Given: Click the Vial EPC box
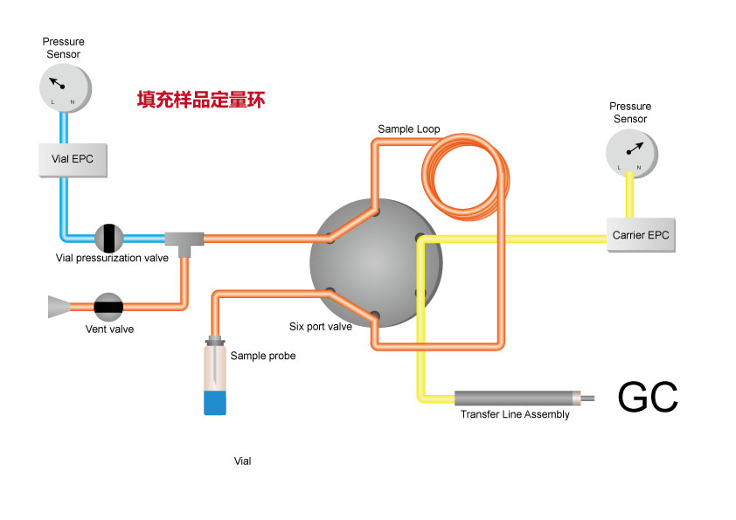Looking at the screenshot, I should point(74,159).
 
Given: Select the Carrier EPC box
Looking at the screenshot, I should point(641,235).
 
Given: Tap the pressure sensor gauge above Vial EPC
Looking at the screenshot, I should point(64,87).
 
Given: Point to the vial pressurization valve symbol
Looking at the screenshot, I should point(109,238).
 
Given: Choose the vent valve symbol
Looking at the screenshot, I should point(108,306).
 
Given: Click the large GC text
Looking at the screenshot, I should point(648,397).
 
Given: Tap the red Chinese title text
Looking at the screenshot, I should point(201,100).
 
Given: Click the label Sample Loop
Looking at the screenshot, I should point(408,129).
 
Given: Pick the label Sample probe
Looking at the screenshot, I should point(263,356).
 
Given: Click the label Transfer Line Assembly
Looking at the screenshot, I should point(515,414).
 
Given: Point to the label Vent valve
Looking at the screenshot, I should point(109,329).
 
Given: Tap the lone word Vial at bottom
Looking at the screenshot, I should point(243,461).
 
